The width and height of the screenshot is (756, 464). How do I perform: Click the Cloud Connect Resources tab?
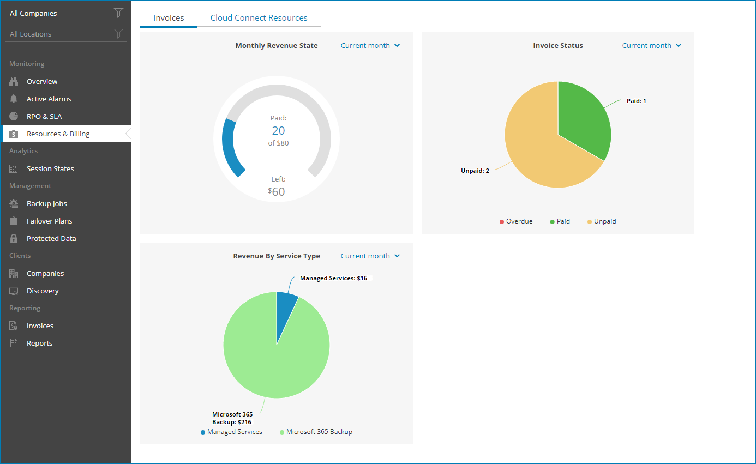[x=259, y=18]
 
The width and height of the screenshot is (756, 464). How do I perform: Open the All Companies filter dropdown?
[x=66, y=13]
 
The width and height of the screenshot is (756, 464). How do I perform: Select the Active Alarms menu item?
[x=49, y=99]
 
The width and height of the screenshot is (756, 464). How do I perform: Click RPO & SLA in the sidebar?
[x=44, y=116]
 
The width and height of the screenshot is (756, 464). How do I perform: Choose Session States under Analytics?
[x=50, y=168]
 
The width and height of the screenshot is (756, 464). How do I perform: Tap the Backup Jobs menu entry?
[x=46, y=203]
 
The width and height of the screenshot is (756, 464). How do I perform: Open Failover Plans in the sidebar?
[x=49, y=221]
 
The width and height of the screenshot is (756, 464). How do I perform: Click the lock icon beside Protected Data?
[x=14, y=238]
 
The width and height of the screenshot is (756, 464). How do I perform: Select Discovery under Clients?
[x=43, y=291]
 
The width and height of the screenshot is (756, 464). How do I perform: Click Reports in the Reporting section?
[x=39, y=343]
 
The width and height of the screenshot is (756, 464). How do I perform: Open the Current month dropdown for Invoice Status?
[x=652, y=46]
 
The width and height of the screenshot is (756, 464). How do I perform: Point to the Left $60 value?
[x=278, y=191]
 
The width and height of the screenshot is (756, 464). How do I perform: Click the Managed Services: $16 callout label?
[x=333, y=278]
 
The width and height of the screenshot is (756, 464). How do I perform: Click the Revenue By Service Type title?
[x=277, y=256]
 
